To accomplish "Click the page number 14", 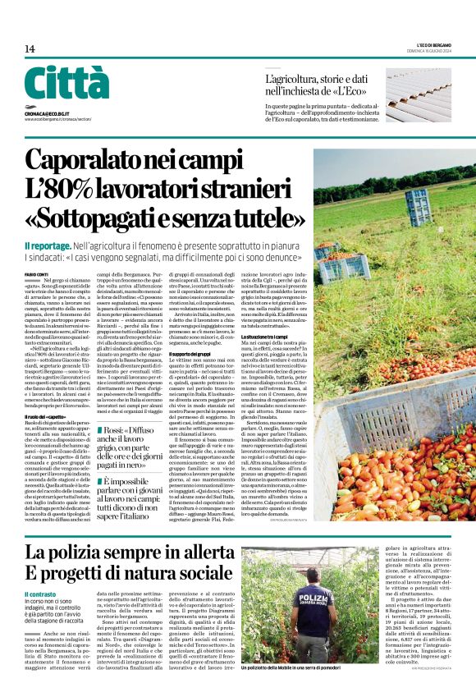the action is pos(30,49).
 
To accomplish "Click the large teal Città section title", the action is pos(66,84).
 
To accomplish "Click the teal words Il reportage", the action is pos(48,245).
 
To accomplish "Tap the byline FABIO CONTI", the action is pos(36,273).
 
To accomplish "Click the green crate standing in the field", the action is pos(419,204).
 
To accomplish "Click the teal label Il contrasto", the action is pos(40,594).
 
